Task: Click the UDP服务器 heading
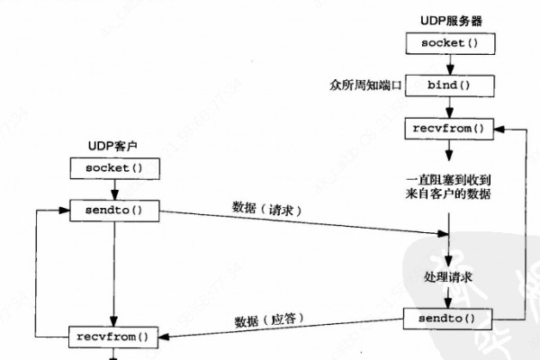pos(448,19)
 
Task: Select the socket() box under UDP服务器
pos(448,42)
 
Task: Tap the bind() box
pos(448,85)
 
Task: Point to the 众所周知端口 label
pos(367,85)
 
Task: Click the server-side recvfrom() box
pos(448,128)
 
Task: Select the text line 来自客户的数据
pos(448,193)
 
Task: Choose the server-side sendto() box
pos(448,319)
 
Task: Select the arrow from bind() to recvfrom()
pos(448,106)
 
